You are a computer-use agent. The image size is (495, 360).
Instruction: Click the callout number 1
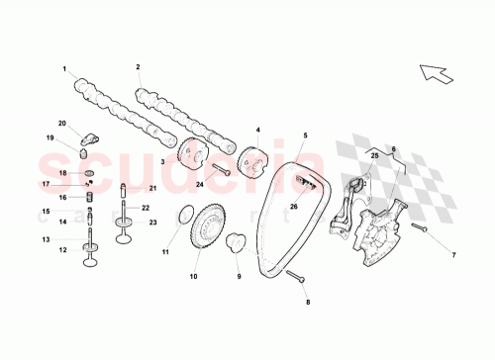[64, 69]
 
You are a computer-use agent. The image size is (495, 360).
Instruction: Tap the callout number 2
[138, 67]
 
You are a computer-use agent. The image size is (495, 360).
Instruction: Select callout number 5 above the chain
[306, 135]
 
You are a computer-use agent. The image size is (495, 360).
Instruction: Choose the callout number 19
[48, 138]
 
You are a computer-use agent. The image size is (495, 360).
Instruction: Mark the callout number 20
[61, 123]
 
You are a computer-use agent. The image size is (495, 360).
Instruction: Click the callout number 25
[375, 155]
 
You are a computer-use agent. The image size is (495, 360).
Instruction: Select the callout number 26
[293, 206]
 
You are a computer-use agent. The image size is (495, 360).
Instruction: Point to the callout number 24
[199, 184]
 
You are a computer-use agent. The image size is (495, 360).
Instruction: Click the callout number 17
[47, 184]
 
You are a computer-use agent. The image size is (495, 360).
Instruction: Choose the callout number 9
[238, 277]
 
